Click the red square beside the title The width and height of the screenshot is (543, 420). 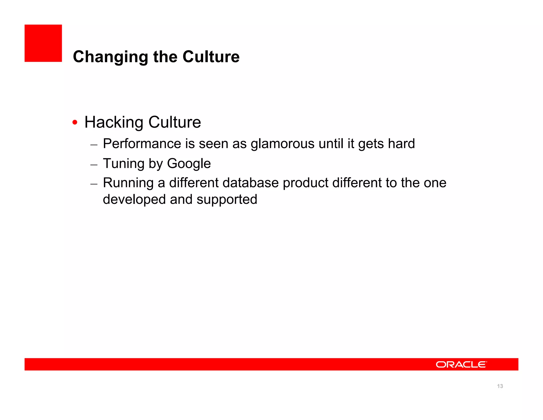tap(43, 43)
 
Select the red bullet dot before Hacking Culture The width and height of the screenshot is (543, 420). tap(75, 122)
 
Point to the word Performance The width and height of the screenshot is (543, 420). tap(142, 144)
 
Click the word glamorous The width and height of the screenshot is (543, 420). tap(282, 144)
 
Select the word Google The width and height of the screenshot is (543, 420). tap(189, 164)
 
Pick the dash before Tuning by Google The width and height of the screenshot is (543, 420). tap(94, 165)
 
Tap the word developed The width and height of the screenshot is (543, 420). tap(134, 199)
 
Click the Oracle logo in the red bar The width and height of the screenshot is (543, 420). tap(461, 365)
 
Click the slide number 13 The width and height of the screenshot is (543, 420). tap(500, 386)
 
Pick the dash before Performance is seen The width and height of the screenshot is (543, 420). tap(94, 145)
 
